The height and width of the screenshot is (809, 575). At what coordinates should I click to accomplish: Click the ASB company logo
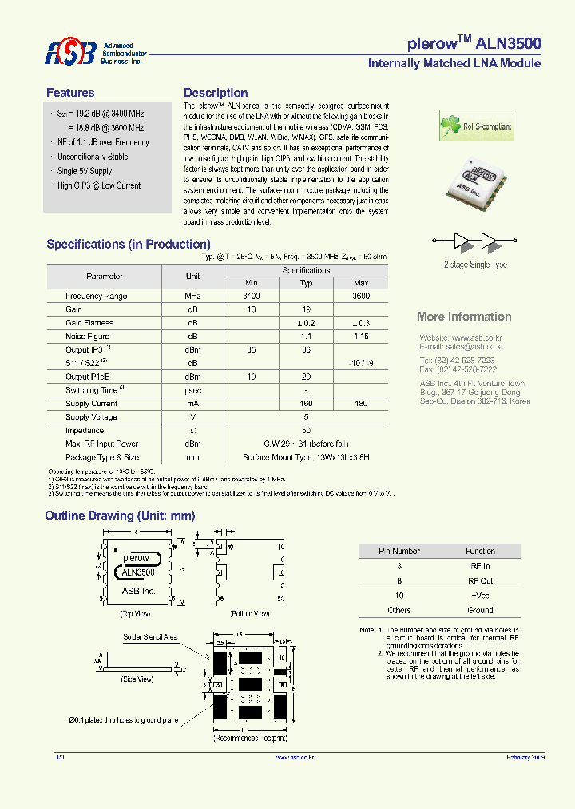[x=70, y=53]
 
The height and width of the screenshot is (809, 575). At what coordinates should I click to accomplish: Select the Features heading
[x=70, y=93]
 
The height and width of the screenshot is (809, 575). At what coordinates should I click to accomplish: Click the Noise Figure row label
[x=88, y=337]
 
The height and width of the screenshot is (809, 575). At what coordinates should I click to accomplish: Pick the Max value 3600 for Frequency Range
[x=361, y=296]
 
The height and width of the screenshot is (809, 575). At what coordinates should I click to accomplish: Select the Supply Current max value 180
[x=361, y=404]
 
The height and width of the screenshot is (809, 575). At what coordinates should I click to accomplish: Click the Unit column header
[x=192, y=276]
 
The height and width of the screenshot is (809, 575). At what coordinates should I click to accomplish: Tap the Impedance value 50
[x=306, y=431]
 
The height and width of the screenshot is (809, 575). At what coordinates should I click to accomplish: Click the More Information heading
[x=464, y=317]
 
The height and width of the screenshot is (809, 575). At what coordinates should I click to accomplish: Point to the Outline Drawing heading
[x=120, y=516]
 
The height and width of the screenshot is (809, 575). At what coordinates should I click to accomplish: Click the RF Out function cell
[x=480, y=580]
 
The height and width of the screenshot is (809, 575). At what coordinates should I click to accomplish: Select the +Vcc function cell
[x=480, y=595]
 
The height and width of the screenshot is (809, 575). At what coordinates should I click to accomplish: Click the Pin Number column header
[x=399, y=551]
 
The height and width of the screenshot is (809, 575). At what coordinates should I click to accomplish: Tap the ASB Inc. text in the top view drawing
[x=138, y=591]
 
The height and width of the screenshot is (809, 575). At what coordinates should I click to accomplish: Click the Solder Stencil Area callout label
[x=150, y=637]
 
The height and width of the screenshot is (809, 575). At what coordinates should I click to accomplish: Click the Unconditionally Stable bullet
[x=93, y=157]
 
